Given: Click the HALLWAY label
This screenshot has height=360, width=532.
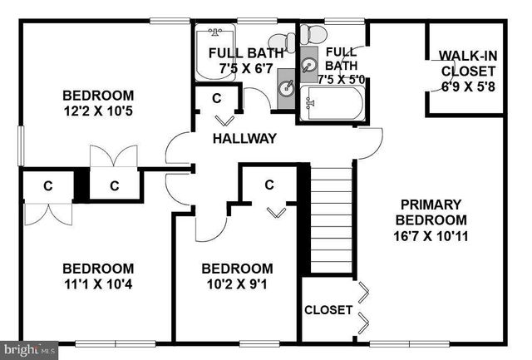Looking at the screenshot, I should [x=244, y=139].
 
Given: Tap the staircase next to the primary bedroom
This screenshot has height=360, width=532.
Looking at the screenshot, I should [x=331, y=220].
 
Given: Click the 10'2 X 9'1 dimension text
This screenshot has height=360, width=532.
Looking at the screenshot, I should [x=237, y=284].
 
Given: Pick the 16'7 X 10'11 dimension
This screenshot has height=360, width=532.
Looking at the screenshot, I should [x=431, y=235].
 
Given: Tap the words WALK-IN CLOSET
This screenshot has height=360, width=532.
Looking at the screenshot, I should [x=468, y=63].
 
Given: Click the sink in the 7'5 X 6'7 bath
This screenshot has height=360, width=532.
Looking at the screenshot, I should [x=287, y=87].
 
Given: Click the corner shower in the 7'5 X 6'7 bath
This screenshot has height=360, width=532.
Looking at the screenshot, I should [x=214, y=52].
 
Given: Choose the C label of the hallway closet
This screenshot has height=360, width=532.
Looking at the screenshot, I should [x=216, y=98].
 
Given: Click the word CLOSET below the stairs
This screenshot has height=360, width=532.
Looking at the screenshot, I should [x=328, y=310].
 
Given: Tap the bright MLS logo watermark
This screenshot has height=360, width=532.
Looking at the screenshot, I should [x=29, y=350].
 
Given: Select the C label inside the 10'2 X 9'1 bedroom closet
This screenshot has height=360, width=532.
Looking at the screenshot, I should [x=269, y=185].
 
